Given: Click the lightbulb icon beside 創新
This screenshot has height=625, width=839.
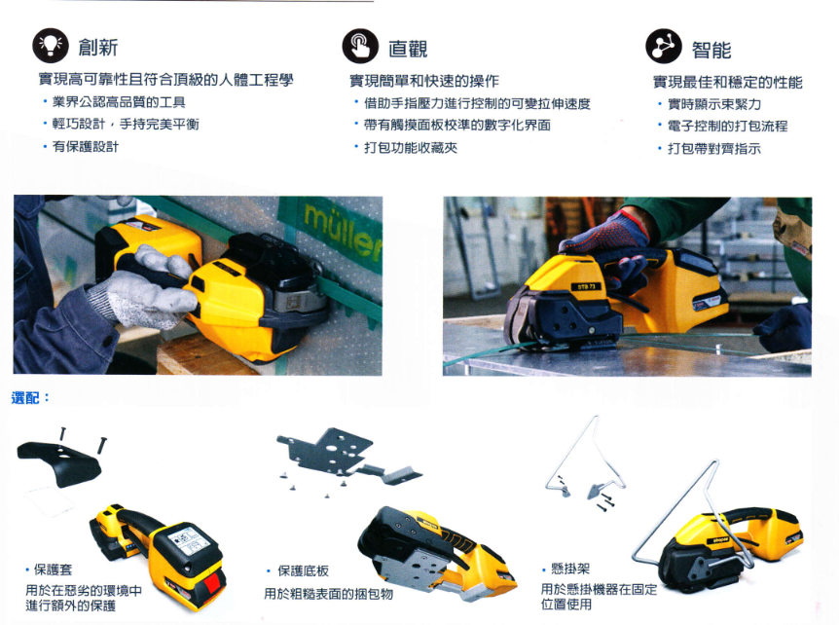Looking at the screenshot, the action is click(51, 46).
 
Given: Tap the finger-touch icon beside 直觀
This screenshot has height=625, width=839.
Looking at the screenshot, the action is click(360, 46).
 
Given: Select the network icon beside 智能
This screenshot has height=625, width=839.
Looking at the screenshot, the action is click(664, 47).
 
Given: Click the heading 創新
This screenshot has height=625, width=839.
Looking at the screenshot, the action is click(98, 47).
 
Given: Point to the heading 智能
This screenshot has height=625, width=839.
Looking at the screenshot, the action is click(711, 50).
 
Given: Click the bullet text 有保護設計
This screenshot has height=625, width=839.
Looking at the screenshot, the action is click(86, 147).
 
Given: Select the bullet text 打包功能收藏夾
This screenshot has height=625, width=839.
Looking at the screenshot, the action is click(411, 148).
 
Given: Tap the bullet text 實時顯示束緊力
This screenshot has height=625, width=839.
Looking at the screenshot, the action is click(714, 104).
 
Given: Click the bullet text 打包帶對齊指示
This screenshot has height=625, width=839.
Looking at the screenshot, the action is click(714, 149).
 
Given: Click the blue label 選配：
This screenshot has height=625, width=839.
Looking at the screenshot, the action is click(30, 397).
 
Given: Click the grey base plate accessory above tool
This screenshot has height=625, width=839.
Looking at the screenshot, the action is click(347, 459).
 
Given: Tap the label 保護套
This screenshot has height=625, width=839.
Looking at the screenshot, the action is click(53, 570).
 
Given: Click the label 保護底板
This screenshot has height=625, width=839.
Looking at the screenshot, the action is click(303, 570).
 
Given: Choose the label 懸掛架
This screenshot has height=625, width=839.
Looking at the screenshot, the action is click(570, 569).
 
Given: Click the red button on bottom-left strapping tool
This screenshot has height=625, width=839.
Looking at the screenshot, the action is click(212, 584).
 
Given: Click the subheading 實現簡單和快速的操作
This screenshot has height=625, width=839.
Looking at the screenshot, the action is click(424, 81).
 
